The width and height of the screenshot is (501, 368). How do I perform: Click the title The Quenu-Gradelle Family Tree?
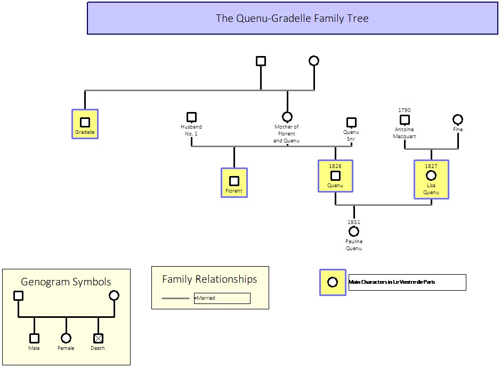point(292,18)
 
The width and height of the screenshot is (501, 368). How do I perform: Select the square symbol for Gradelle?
point(85,122)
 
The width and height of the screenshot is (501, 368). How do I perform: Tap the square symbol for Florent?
point(234,181)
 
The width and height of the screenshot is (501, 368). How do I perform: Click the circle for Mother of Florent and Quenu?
point(287,117)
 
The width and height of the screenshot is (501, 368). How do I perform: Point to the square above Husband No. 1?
point(192,117)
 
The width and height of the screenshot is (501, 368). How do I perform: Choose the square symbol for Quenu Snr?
point(351,122)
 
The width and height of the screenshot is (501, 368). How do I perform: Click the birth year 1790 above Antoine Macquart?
point(405,110)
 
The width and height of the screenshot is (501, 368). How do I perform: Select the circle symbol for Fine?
point(458,119)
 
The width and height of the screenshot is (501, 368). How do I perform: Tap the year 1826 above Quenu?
point(335,166)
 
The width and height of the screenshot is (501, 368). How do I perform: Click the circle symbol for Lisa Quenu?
point(431,175)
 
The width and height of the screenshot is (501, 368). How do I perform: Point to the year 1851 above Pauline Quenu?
point(354,222)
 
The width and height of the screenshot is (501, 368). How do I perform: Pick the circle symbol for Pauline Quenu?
point(354,231)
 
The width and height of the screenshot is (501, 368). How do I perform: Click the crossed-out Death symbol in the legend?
point(99,338)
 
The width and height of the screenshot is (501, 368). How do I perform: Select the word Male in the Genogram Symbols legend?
point(34,348)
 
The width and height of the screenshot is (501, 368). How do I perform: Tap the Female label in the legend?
point(66,348)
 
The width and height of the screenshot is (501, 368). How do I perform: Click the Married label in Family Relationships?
point(206,298)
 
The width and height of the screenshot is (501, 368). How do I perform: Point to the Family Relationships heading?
point(209,279)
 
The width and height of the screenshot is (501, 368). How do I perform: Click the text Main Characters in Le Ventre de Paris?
point(392,282)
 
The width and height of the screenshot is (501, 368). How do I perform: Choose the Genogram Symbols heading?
point(66,282)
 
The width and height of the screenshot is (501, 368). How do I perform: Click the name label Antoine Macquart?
point(405,133)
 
